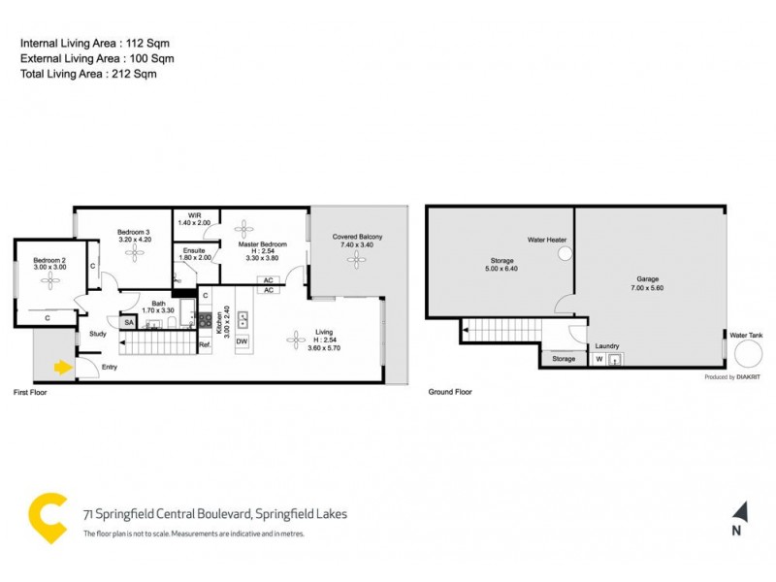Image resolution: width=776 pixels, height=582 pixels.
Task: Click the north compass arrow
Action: click(x=739, y=511)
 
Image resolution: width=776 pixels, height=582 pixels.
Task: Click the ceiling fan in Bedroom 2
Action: click(x=48, y=279)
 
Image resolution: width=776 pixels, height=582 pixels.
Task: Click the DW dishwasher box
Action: click(x=242, y=341)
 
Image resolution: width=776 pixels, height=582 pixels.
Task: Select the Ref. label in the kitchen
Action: click(x=205, y=344)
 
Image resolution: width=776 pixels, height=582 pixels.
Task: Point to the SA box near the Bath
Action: click(x=128, y=322)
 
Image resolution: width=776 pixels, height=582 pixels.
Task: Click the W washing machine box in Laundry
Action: click(x=598, y=359)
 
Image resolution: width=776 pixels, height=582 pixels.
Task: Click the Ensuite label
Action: click(x=195, y=249)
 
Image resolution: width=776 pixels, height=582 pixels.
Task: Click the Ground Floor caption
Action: click(x=450, y=392)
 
